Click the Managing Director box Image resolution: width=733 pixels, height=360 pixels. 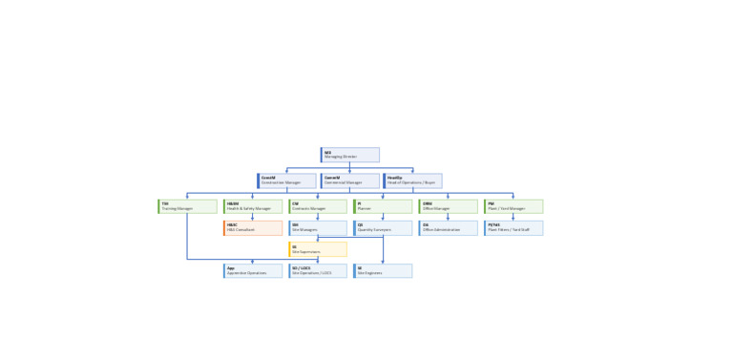350,155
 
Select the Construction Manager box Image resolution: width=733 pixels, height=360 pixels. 286,180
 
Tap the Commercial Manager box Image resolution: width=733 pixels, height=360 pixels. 350,180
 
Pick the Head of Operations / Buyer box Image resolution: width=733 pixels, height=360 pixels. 413,180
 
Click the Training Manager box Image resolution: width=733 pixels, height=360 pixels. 188,206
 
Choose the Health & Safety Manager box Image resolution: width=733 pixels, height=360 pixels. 253,206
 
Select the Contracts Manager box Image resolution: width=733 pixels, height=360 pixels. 318,206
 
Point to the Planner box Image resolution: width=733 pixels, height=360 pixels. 383,206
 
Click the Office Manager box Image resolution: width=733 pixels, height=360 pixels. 448,206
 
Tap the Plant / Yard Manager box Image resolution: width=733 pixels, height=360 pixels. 513,206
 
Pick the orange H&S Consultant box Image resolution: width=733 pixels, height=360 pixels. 253,228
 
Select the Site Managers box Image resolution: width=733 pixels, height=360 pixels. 318,228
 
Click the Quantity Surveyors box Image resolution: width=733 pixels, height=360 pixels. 383,228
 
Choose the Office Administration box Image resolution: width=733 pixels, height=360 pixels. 448,228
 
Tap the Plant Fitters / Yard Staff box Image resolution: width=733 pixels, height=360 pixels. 513,228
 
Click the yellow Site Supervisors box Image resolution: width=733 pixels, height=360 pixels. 318,249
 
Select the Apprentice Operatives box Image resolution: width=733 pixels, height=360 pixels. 253,271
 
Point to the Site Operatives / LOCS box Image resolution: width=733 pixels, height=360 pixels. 318,271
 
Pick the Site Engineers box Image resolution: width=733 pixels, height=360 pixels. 383,271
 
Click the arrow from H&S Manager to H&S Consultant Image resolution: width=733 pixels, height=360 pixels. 253,218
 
